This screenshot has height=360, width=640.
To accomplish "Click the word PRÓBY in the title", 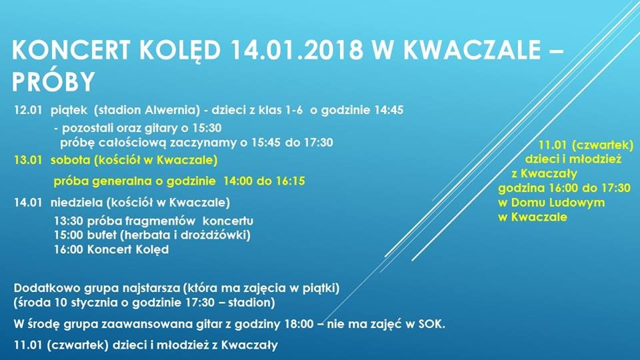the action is coord(53,81).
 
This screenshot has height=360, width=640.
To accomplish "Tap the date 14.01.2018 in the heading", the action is coord(297,50).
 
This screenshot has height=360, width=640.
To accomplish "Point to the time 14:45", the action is coord(389,110).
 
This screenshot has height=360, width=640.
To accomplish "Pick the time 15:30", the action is coord(207,128).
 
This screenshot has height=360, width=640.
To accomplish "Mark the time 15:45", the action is coord(266,143).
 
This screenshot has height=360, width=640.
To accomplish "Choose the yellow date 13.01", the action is coord(28,160).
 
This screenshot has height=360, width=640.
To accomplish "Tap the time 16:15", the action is coord(290,181).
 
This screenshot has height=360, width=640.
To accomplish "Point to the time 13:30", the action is coord(69,221).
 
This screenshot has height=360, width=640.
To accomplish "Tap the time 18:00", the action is coord(299,324).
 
